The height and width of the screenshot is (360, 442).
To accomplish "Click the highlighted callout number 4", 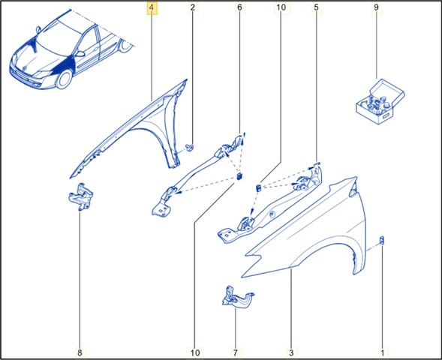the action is (x=152, y=8).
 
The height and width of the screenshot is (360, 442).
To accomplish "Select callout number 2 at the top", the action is (x=193, y=7).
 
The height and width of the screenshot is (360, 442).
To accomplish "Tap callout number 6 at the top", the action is (x=239, y=7).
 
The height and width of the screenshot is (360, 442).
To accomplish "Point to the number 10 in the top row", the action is (x=281, y=7).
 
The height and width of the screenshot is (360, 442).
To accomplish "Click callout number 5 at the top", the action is (x=316, y=7).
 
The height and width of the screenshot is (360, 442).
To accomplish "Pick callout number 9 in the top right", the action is (x=376, y=7).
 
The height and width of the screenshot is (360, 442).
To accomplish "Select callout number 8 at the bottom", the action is (x=80, y=352).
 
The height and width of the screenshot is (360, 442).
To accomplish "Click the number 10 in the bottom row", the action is (x=195, y=352).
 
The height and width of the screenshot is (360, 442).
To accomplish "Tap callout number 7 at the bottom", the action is (x=236, y=352).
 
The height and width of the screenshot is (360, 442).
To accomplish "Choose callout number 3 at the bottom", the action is (x=291, y=352).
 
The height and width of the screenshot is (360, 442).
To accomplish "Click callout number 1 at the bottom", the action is (x=383, y=352).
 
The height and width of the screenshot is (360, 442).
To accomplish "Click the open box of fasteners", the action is (x=380, y=101).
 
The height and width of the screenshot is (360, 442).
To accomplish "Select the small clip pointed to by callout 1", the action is (x=382, y=241).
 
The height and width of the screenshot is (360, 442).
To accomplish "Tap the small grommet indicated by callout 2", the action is (x=191, y=147).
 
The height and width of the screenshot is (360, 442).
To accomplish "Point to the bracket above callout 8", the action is (x=81, y=196).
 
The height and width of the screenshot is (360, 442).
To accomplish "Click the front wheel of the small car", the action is (x=65, y=79).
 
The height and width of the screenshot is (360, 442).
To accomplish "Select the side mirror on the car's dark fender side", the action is (x=80, y=54).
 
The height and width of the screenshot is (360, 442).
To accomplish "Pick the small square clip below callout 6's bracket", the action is (x=239, y=176).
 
